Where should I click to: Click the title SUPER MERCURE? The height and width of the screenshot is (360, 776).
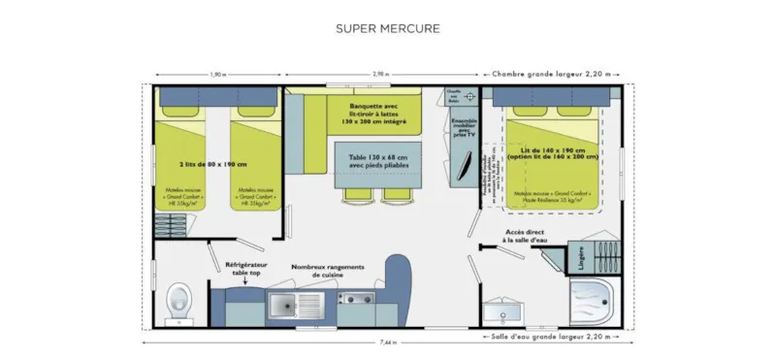point(387,28)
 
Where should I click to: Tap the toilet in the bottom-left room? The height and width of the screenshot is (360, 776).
point(178,302)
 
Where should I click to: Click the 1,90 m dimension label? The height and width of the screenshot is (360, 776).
point(219,75)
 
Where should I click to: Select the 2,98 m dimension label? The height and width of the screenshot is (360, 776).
point(385,75)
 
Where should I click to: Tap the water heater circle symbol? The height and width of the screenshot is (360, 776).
point(469,97)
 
